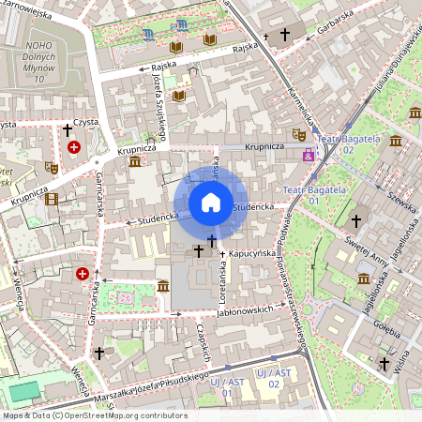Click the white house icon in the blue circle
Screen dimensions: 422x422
click(x=211, y=203)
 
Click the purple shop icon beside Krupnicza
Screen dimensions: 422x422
click(x=308, y=155)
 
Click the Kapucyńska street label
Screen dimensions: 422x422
click(x=251, y=253)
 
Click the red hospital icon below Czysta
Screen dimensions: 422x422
click(x=74, y=147)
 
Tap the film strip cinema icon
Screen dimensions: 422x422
click(x=51, y=199)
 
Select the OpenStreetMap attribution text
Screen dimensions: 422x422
click(x=94, y=415)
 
